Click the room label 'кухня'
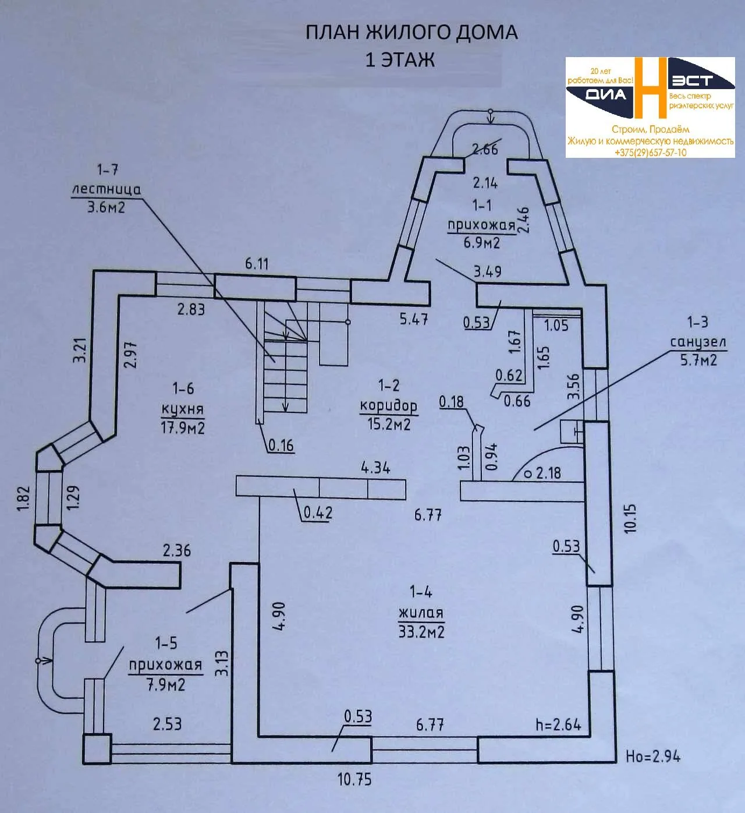coord(183,409)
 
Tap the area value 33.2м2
coord(421,631)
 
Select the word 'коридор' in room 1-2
coord(388,406)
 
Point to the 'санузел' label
coord(698,342)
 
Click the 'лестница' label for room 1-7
coord(107,189)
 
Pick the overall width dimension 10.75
coord(354,779)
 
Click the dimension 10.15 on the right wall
coord(630,518)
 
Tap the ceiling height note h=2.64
coord(558,724)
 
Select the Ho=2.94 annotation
coord(653,757)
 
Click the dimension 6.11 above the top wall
coord(257,264)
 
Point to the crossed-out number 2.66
coord(485,149)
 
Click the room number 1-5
coord(166,643)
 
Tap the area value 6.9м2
coord(482,243)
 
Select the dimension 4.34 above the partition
coord(375,468)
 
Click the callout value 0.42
coord(318,512)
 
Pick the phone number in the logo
coord(650,153)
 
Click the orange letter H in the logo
coord(651,87)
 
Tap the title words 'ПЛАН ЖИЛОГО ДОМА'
coord(411,33)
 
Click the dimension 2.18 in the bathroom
coord(548,472)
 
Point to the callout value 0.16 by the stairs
coord(281,446)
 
